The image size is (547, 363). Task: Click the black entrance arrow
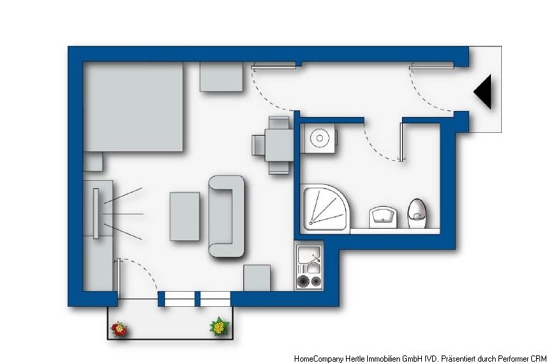coord(485,92)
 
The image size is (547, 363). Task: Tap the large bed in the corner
coord(133,107)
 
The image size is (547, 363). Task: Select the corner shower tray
coord(325,208)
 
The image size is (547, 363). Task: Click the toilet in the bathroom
coord(417,214)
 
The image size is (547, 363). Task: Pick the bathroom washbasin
coord(383,218)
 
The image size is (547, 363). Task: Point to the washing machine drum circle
coord(319,138)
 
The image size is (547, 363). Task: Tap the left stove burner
coord(303,281)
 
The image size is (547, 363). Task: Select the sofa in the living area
coord(226,216)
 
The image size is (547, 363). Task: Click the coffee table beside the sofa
coord(185,216)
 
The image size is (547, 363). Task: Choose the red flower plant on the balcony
coord(119,329)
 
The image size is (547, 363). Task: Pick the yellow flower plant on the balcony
coord(219,327)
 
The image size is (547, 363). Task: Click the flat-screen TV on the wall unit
coord(96,214)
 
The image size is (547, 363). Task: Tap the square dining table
coord(279,145)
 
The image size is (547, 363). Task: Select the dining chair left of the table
coord(258,145)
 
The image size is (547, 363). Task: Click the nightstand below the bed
coord(93,162)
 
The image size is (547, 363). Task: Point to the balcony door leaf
coord(119,279)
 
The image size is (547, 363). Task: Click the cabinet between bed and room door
coord(221,77)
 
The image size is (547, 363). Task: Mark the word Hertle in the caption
coord(355,358)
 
